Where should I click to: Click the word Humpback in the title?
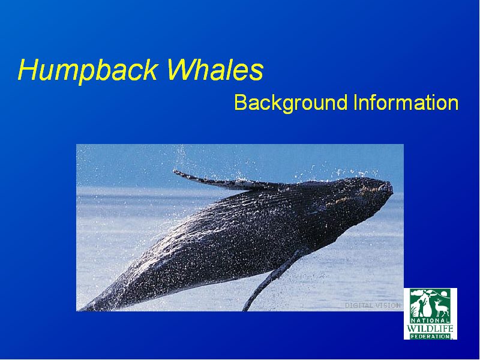(x=88, y=71)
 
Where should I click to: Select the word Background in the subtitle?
(x=291, y=103)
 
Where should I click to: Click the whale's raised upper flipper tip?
(x=175, y=172)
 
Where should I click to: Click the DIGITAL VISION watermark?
(x=373, y=305)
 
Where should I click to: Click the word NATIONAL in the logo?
(x=430, y=320)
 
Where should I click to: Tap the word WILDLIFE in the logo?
(x=430, y=329)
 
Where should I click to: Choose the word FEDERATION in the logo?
(x=430, y=337)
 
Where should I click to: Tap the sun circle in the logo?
(x=445, y=294)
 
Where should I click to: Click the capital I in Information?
(x=355, y=102)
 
